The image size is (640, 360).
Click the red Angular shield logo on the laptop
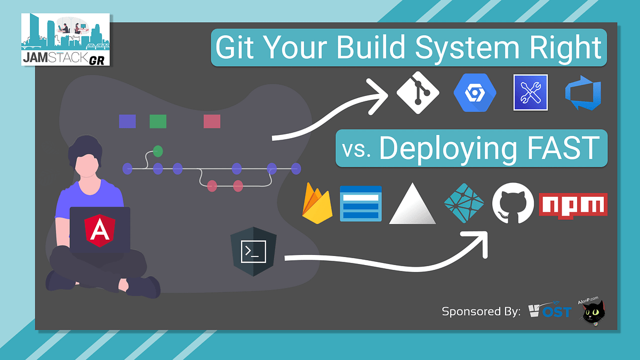[x=99, y=230]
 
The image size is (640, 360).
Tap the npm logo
[x=573, y=205]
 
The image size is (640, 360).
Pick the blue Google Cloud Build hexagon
[x=475, y=92]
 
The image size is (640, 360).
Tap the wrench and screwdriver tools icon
[x=530, y=92]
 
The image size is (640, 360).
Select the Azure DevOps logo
[x=583, y=92]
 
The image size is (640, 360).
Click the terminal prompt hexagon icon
[x=253, y=251]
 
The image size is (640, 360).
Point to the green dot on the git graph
[x=158, y=151]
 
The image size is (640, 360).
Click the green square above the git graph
[x=158, y=121]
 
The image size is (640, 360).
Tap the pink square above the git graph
[x=212, y=121]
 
